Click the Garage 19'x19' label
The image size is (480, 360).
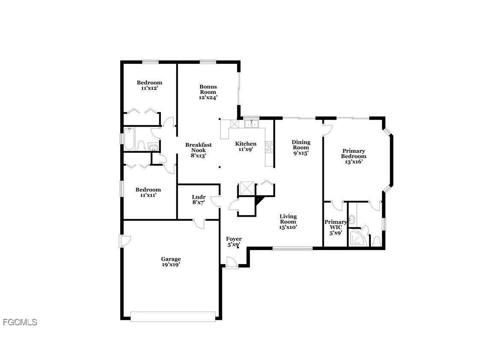coord(171,262)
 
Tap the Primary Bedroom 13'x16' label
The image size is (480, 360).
coord(353,156)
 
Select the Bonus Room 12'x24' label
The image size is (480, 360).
coord(208,92)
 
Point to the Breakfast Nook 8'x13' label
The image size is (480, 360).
coord(199,150)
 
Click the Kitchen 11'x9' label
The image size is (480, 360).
coord(246,146)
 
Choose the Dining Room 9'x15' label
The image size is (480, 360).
coord(301,147)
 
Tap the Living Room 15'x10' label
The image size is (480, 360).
coord(288,222)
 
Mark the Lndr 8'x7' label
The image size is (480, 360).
coord(199,199)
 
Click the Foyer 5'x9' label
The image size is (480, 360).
coord(234,242)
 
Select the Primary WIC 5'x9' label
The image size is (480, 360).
coord(335,227)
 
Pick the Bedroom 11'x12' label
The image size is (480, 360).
coord(149,85)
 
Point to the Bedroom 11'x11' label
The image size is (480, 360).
coord(148,192)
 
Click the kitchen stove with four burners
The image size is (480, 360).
coord(270,147)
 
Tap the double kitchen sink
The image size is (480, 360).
coord(251,124)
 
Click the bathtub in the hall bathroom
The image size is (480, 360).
coord(130,139)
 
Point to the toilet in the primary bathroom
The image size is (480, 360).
coord(376,241)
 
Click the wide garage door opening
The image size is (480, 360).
coord(173,316)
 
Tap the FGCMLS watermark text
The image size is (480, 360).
coord(20,322)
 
